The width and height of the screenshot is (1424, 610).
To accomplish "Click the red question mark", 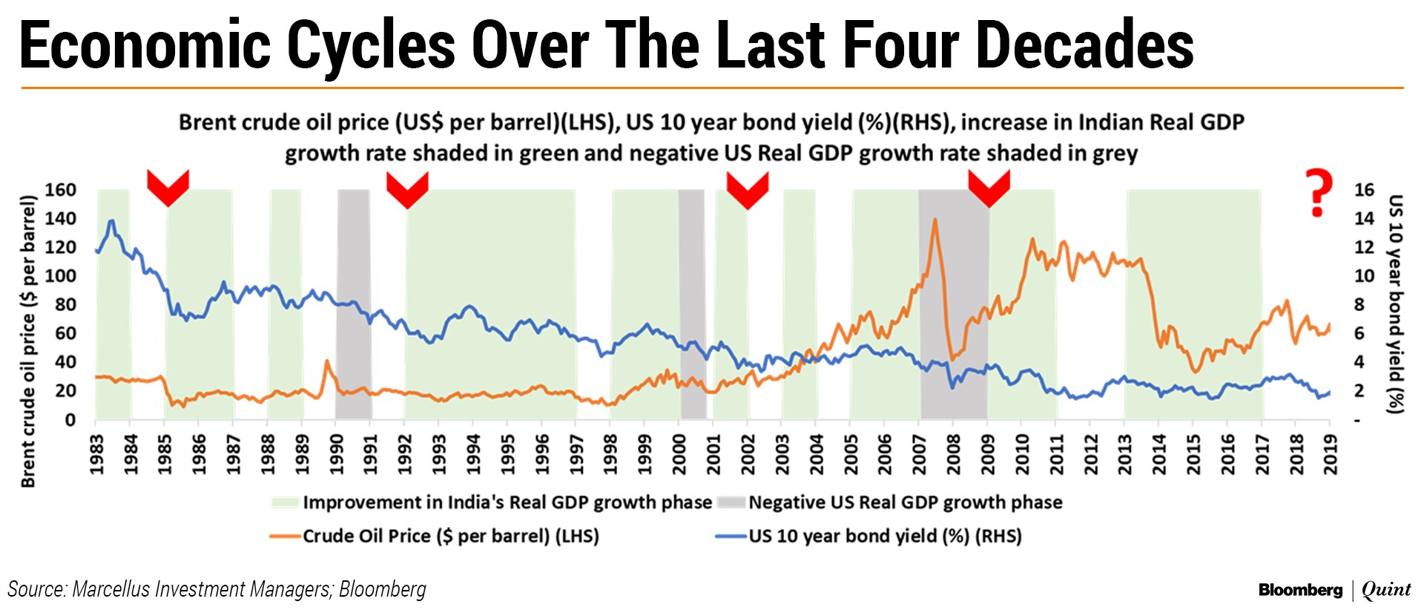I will (1318, 192).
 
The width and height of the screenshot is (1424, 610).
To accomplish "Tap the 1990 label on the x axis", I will (337, 453).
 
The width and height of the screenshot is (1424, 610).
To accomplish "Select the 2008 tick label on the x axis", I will (954, 453).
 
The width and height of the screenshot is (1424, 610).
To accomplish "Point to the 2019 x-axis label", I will (1331, 453).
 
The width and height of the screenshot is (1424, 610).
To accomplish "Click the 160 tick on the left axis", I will (60, 190).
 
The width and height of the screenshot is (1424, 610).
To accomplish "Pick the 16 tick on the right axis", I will (1364, 190).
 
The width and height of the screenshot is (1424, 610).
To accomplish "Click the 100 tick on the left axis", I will (60, 276).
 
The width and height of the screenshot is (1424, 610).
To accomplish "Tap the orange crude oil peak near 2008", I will (934, 220).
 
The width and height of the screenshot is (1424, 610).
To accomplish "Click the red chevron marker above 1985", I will (168, 186).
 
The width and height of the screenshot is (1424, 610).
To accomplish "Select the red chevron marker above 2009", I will (989, 188).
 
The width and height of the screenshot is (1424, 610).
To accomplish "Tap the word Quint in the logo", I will (1386, 590).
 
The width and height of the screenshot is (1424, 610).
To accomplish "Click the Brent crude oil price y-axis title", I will (28, 341).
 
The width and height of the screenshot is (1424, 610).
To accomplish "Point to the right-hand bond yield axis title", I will (1394, 304).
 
